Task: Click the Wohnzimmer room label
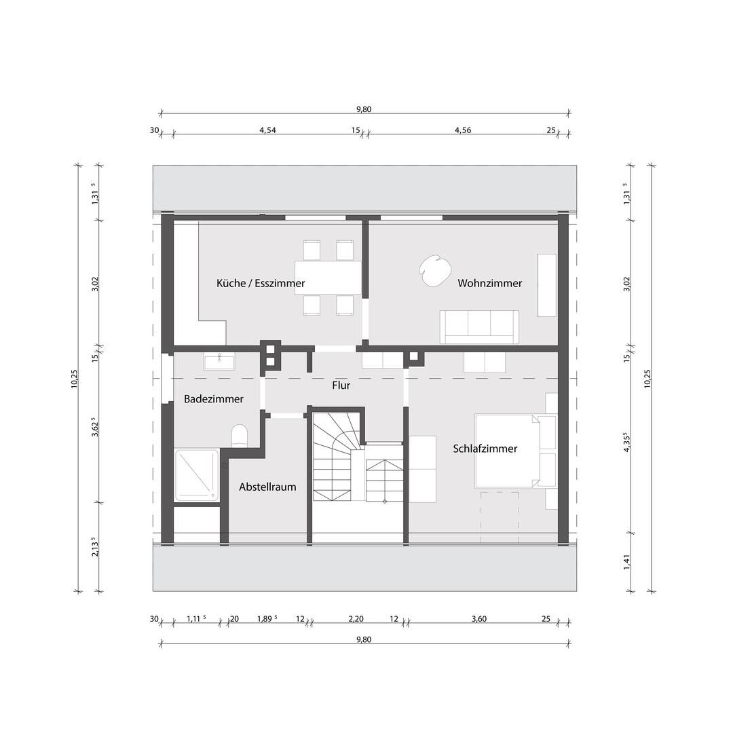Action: click(x=489, y=283)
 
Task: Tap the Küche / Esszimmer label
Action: click(x=261, y=283)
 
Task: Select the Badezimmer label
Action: click(x=213, y=399)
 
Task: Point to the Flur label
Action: click(x=341, y=386)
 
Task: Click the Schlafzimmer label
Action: click(x=485, y=449)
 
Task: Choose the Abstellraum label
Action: click(x=267, y=487)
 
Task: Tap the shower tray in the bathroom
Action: click(x=197, y=475)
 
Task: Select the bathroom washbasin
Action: click(x=219, y=361)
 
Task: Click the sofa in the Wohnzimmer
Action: click(x=479, y=326)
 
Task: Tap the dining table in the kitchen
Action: click(x=328, y=278)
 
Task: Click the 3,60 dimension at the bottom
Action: click(x=480, y=618)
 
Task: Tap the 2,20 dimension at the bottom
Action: click(x=356, y=618)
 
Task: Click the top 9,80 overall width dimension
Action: click(x=364, y=109)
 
